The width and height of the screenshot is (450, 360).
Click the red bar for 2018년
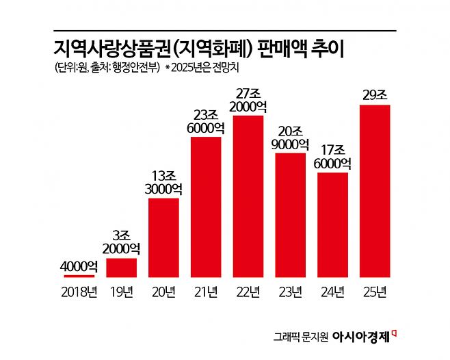coord(79,276)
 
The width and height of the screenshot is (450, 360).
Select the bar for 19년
coord(122,267)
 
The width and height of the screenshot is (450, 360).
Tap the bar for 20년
coord(164,237)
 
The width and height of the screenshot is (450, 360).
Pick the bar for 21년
coord(206,207)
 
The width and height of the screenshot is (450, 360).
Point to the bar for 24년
coord(333,224)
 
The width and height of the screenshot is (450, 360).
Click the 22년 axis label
coord(248,292)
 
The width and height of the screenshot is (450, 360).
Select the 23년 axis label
coord(291,292)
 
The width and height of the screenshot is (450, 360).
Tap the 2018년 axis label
coord(79,292)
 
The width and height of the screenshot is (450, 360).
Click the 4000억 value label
coord(79,266)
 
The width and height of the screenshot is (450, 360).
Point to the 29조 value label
coord(375,95)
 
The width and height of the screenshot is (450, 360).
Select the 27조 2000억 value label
coord(248,100)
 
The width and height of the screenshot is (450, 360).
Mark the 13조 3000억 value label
coord(164,182)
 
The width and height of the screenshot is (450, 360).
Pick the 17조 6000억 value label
coord(333,157)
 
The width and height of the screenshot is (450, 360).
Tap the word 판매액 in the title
coord(290,49)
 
